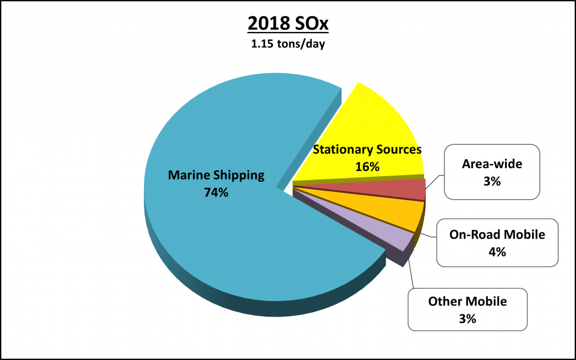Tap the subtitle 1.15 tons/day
pos(288,43)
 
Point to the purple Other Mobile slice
pos(394,238)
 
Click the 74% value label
pos(216,192)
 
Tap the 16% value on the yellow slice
pos(367,166)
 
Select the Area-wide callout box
pos(492,172)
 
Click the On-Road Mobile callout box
pos(497,243)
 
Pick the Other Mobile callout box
pos(467,309)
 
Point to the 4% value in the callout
pos(497,252)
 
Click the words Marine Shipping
pos(216,175)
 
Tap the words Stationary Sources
pos(367,150)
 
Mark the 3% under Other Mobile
pos(467,318)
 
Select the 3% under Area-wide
pos(492,182)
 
